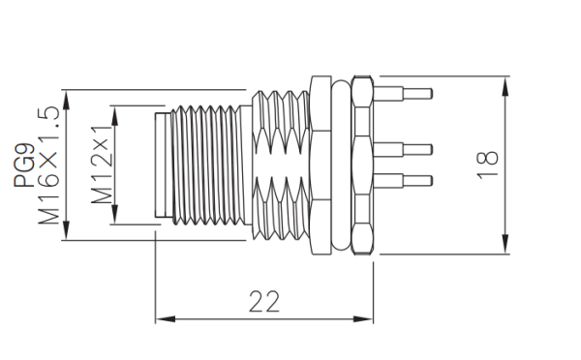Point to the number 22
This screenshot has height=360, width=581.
[x=263, y=302]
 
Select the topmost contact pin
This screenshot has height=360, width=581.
[x=406, y=94]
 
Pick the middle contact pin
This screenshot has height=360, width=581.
[x=406, y=148]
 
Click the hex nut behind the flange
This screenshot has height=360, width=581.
[x=362, y=165]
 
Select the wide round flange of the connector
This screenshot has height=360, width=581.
[x=321, y=165]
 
